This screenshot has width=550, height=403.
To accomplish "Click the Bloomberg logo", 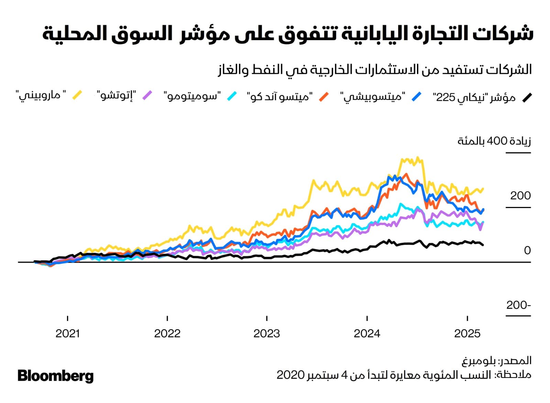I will pyautogui.click(x=55, y=376).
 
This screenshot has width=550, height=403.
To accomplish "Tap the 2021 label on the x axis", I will pyautogui.click(x=67, y=333).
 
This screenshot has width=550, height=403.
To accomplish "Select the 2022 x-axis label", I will pyautogui.click(x=167, y=333).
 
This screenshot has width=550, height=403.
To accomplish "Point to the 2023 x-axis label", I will pyautogui.click(x=267, y=333).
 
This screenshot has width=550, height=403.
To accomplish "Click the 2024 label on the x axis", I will pyautogui.click(x=367, y=333).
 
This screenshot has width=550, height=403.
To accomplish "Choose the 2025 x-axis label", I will pyautogui.click(x=467, y=333).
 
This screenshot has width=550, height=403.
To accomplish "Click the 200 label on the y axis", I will pyautogui.click(x=520, y=196).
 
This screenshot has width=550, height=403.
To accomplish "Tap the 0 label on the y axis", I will pyautogui.click(x=527, y=251).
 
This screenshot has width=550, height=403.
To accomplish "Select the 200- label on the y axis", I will pyautogui.click(x=519, y=305).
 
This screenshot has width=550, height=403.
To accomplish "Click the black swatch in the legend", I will pyautogui.click(x=527, y=97).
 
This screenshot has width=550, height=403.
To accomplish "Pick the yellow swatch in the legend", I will pyautogui.click(x=77, y=95).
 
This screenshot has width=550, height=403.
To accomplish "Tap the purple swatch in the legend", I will pyautogui.click(x=147, y=95).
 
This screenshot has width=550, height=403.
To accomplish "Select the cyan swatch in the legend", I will pyautogui.click(x=232, y=96).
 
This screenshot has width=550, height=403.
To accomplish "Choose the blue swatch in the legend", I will pyautogui.click(x=416, y=97).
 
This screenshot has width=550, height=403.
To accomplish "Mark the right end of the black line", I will pyautogui.click(x=483, y=245).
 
